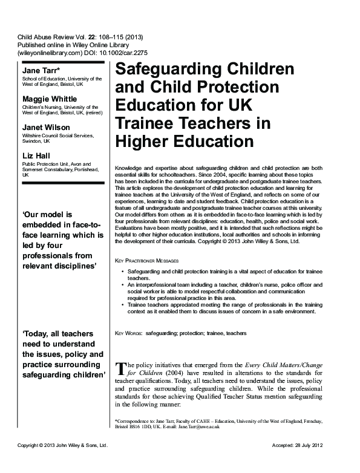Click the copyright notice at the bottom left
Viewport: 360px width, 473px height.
pyautogui.click(x=62, y=462)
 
